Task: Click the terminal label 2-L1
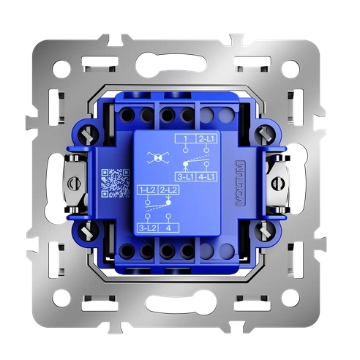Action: (x=206, y=139)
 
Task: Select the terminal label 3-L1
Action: (x=184, y=177)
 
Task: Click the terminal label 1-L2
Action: (x=147, y=190)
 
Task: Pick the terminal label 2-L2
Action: (x=169, y=190)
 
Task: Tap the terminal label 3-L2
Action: (x=147, y=228)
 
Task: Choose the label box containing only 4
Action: (x=169, y=228)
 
